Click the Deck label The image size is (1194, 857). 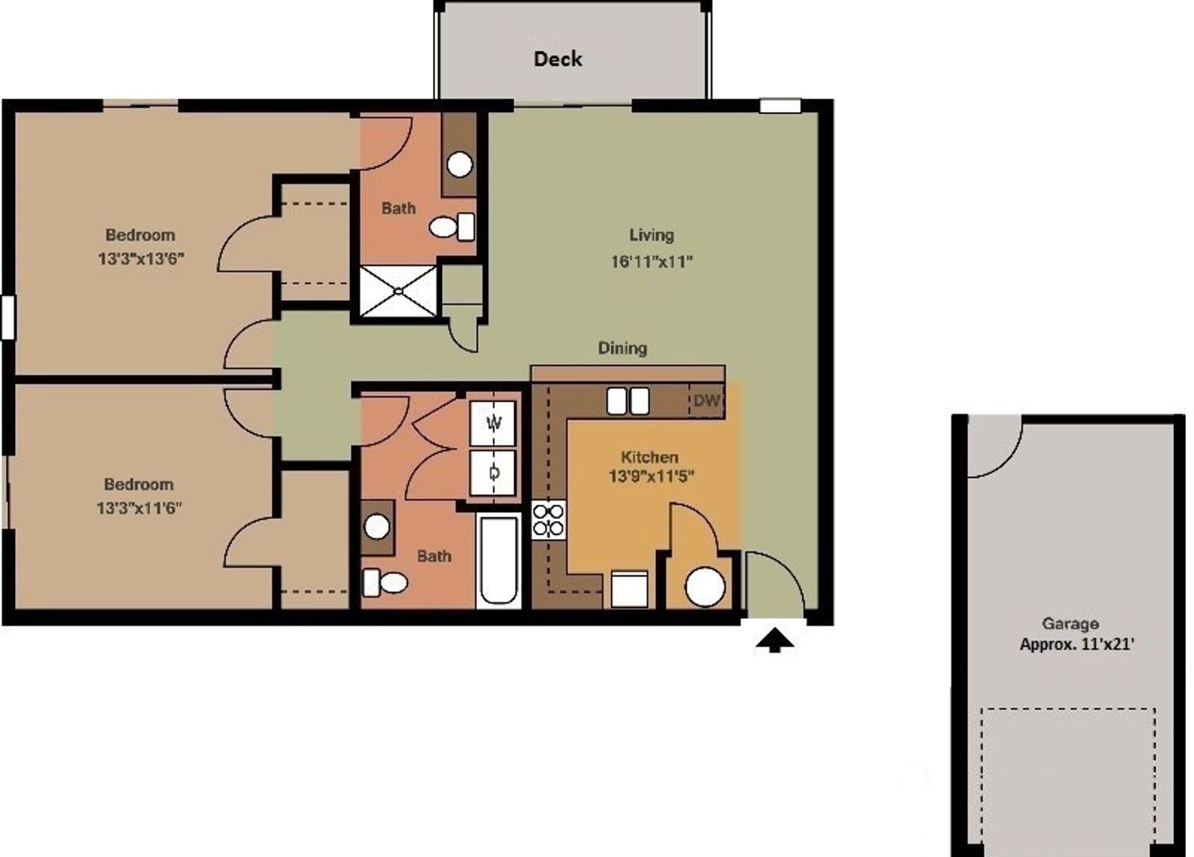pyautogui.click(x=558, y=59)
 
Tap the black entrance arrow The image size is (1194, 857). pyautogui.click(x=774, y=640)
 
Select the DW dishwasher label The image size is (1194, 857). pyautogui.click(x=706, y=401)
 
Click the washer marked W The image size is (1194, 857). pyautogui.click(x=493, y=423)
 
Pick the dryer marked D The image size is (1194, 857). pyautogui.click(x=493, y=472)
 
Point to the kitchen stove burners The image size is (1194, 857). pyautogui.click(x=548, y=521)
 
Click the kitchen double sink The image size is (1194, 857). pyautogui.click(x=628, y=401)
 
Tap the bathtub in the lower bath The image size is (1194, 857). pyautogui.click(x=498, y=561)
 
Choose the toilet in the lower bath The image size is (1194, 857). pyautogui.click(x=386, y=583)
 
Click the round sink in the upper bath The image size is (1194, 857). pyautogui.click(x=460, y=164)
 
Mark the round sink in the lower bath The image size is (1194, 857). pyautogui.click(x=377, y=526)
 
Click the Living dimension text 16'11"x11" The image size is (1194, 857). pyautogui.click(x=651, y=261)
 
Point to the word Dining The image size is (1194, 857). pyautogui.click(x=622, y=348)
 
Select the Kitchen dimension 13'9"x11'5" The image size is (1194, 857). pyautogui.click(x=651, y=476)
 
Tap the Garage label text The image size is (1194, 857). pyautogui.click(x=1070, y=624)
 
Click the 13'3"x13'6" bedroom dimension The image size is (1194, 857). pyautogui.click(x=141, y=259)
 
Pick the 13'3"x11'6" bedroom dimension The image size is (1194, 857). pyautogui.click(x=140, y=507)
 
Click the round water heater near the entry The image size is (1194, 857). pyautogui.click(x=704, y=588)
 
